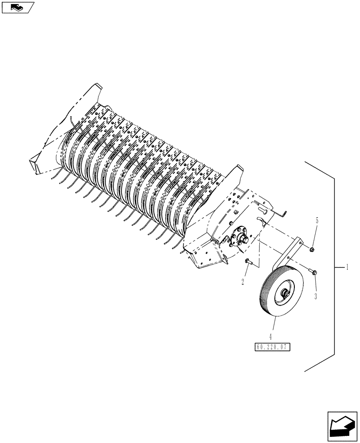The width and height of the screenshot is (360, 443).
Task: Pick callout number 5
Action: coord(317,220)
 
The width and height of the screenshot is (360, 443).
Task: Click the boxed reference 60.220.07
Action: coord(272,347)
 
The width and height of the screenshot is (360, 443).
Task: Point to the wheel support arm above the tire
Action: coord(288,255)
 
